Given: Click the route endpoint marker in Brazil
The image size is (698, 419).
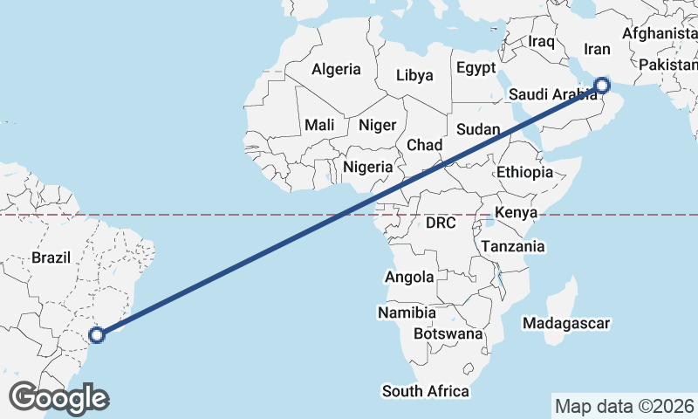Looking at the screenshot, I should (x=97, y=333).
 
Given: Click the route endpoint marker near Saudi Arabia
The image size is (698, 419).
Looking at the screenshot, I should (x=601, y=86).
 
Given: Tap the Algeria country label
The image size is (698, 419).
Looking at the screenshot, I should (x=336, y=69).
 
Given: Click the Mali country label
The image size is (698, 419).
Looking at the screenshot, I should (x=320, y=125).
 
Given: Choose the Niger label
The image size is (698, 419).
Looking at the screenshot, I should (x=378, y=125).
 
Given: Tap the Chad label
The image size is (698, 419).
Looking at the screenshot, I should (x=425, y=144).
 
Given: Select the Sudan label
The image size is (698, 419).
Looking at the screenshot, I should (x=478, y=130).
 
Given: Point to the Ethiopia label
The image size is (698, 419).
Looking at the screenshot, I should (x=525, y=172).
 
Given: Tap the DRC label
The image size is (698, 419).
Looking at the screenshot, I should (x=441, y=223).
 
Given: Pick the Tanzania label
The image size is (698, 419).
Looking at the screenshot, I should (x=513, y=246).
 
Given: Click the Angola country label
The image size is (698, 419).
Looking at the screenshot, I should (x=409, y=277).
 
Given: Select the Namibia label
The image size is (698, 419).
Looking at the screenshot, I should (x=407, y=312).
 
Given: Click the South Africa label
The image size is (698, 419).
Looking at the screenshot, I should (x=426, y=390).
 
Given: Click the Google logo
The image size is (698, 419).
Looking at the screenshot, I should (x=58, y=398).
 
